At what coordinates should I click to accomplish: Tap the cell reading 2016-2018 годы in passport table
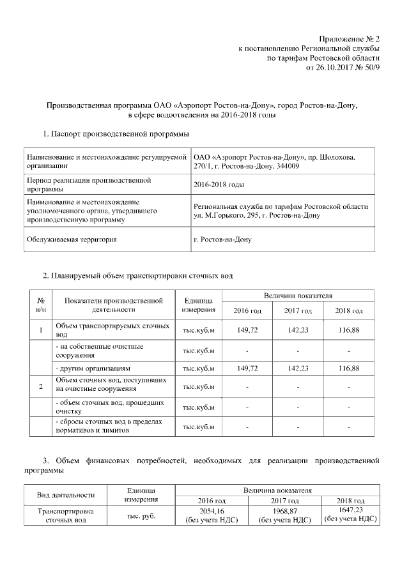click(219, 185)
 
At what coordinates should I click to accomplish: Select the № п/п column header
click(41, 305)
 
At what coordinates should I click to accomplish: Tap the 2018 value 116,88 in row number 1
click(350, 330)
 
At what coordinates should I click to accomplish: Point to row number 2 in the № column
click(41, 387)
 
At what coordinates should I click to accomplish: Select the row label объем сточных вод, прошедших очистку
click(102, 407)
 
